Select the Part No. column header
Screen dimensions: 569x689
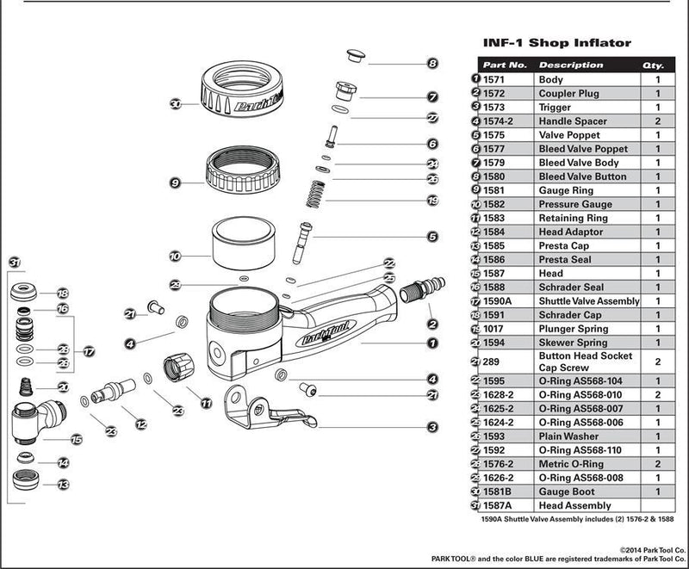tap(505, 65)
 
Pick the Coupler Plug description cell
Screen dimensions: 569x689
tap(569, 93)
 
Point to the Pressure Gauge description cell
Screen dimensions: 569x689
tap(575, 204)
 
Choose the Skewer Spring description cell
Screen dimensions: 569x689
tap(573, 343)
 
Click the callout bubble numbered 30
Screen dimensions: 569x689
tap(175, 104)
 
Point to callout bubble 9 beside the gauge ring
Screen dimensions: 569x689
tap(175, 182)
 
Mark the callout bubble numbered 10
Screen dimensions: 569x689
tap(175, 256)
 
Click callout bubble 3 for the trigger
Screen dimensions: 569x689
tap(432, 426)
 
